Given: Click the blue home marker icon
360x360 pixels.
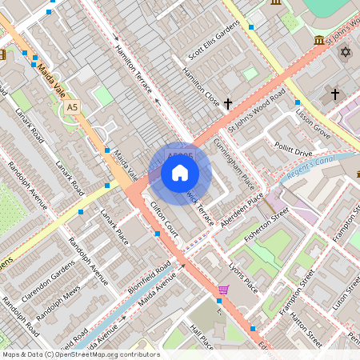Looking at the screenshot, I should [x=180, y=173].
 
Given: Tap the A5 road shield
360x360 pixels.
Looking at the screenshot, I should [x=73, y=106].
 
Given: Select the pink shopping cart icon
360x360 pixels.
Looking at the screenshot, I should [x=224, y=290].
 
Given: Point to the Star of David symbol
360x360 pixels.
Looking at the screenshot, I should [x=346, y=52].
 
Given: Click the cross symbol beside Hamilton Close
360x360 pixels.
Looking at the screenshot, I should [x=228, y=103].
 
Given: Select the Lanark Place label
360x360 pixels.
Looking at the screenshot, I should [x=114, y=227].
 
